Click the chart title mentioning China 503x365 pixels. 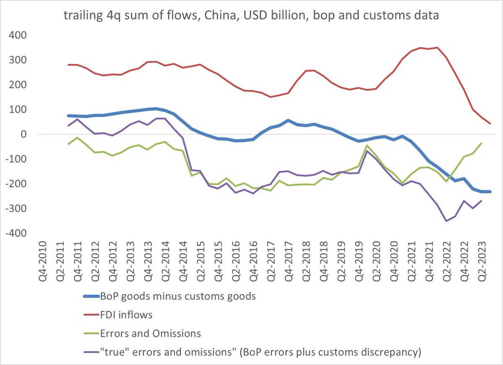click(x=251, y=17)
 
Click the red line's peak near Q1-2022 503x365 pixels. click(x=437, y=47)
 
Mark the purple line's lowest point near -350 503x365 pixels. click(x=446, y=221)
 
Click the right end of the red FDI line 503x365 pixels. click(x=490, y=123)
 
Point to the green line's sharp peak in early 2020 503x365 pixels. click(x=367, y=146)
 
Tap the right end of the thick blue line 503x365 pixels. click(x=490, y=191)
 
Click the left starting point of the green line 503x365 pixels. click(x=68, y=144)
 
